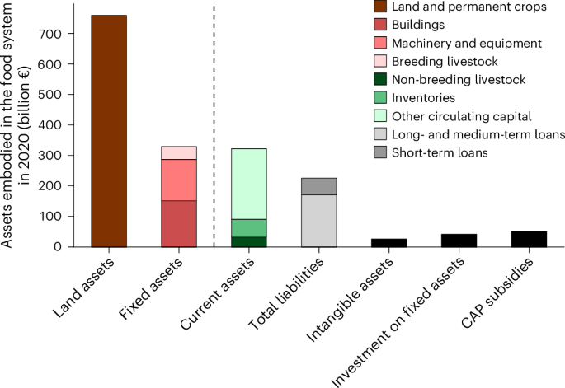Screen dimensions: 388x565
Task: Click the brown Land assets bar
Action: tap(109, 131)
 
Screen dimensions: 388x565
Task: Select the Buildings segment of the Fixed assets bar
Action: tap(178, 223)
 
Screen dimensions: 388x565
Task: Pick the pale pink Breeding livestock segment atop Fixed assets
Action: tap(178, 152)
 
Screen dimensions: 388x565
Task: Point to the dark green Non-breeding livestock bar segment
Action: tap(248, 241)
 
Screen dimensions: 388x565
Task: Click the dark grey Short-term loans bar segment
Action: tap(318, 186)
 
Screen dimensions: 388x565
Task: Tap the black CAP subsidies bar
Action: tap(529, 239)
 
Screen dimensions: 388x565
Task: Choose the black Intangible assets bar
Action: tap(388, 242)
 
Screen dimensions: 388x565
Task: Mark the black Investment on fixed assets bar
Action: tap(459, 240)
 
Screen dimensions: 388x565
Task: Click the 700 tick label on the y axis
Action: tap(53, 34)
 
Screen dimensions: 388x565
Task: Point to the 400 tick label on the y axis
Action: tap(53, 125)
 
